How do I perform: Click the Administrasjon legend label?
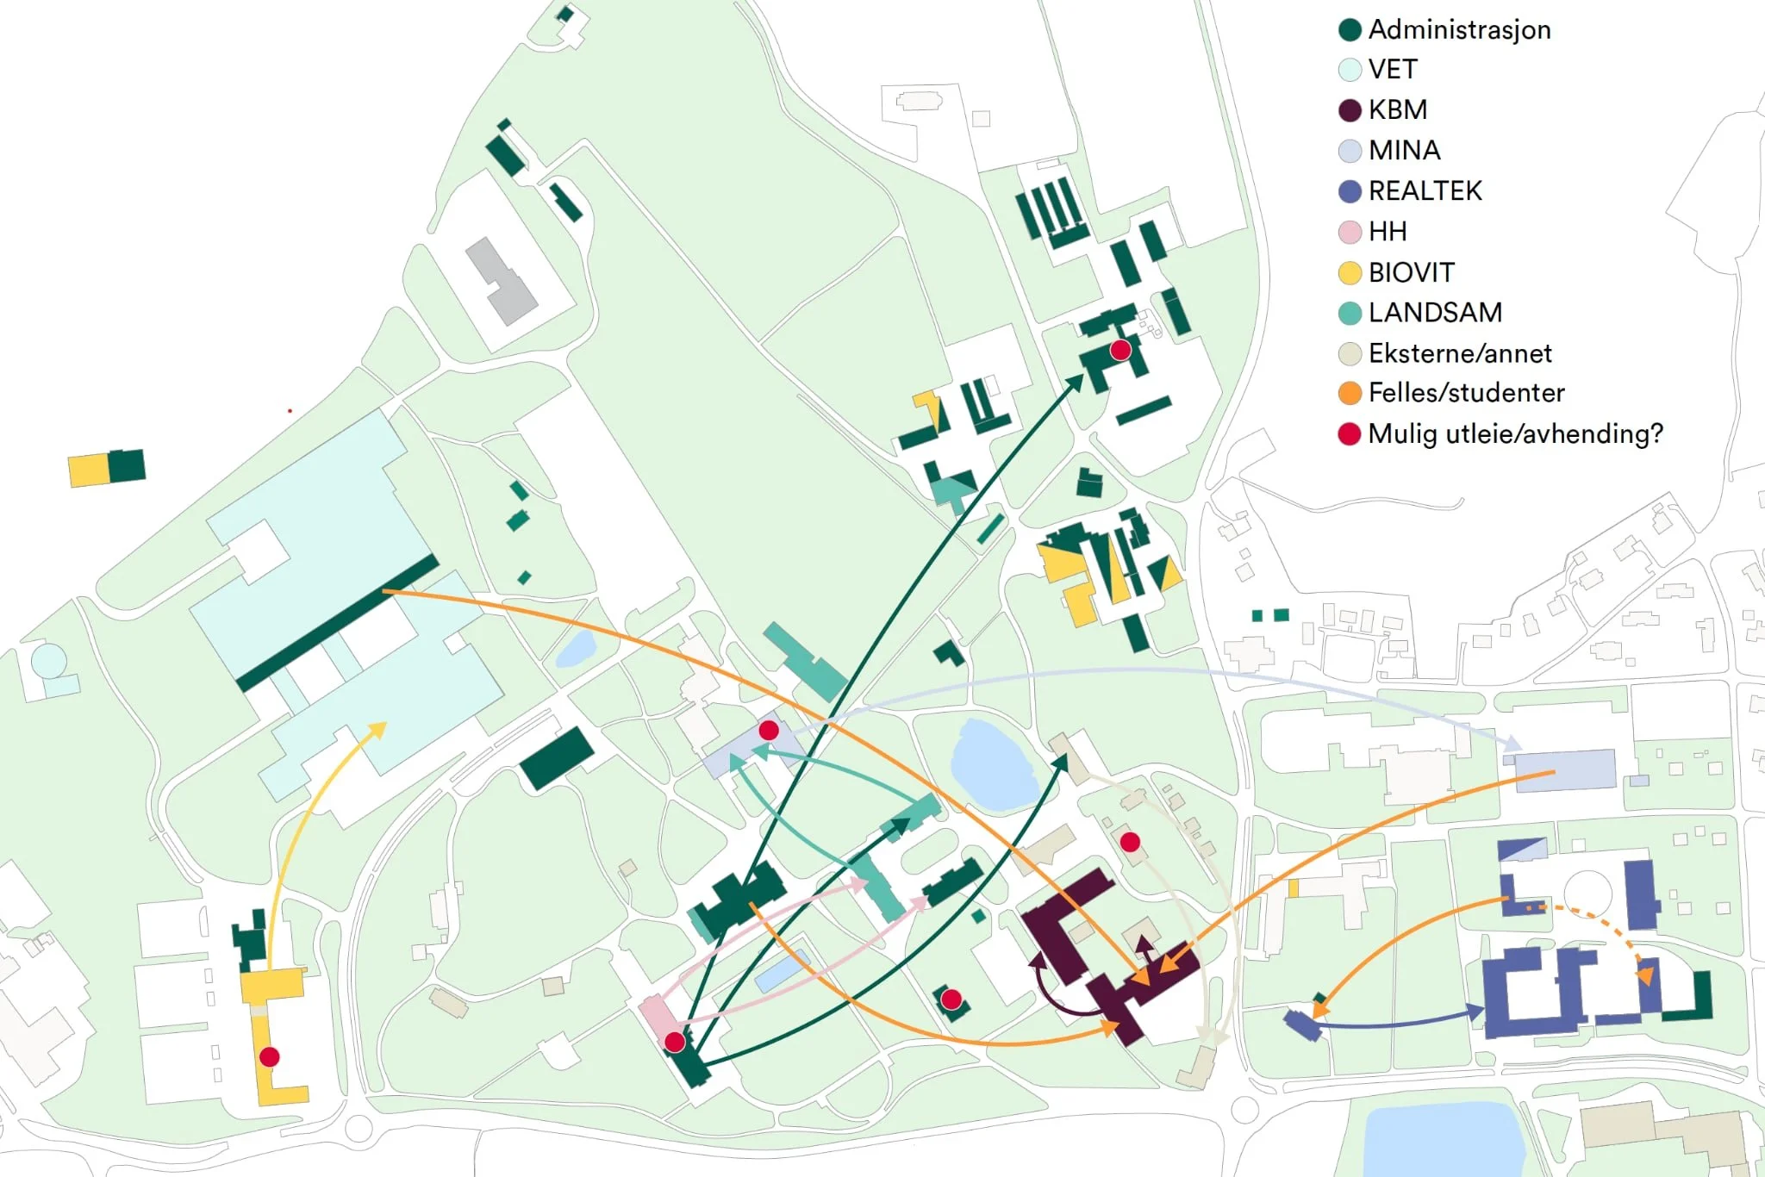click(1458, 30)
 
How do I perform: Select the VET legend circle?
click(1350, 70)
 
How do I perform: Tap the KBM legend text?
click(1397, 110)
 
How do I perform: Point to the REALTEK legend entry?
click(1425, 191)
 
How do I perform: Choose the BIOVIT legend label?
click(1411, 272)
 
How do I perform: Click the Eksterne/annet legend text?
click(1459, 353)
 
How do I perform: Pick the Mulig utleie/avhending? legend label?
click(1514, 433)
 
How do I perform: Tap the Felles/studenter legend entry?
click(1466, 393)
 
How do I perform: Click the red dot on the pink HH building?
click(675, 1043)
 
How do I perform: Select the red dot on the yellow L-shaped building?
click(269, 1056)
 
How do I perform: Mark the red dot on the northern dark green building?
click(1120, 350)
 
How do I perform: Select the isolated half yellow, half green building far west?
click(106, 468)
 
